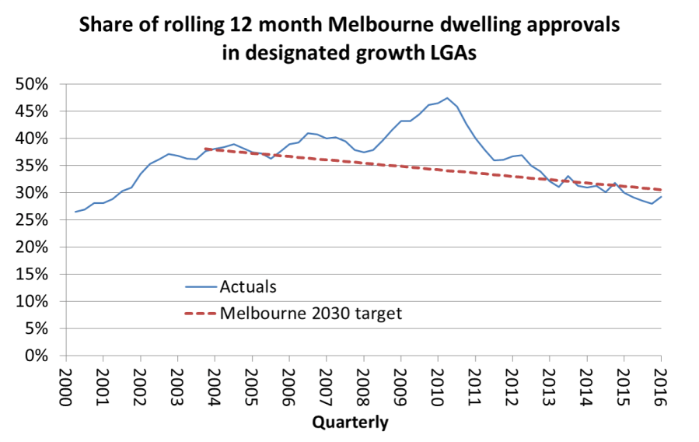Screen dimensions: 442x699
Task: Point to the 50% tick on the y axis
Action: [x=35, y=84]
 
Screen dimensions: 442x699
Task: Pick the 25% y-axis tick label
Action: [x=35, y=220]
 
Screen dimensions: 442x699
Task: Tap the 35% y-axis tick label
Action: [x=35, y=166]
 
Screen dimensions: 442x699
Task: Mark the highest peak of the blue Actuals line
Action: [x=447, y=98]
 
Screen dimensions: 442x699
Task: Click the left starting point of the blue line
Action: [x=75, y=212]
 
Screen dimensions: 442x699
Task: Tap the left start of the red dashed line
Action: [x=205, y=149]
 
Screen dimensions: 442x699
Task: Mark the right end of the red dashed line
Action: [x=661, y=190]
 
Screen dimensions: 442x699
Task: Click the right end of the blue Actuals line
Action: [x=661, y=197]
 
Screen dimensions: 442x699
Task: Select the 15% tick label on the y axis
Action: [x=35, y=274]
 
